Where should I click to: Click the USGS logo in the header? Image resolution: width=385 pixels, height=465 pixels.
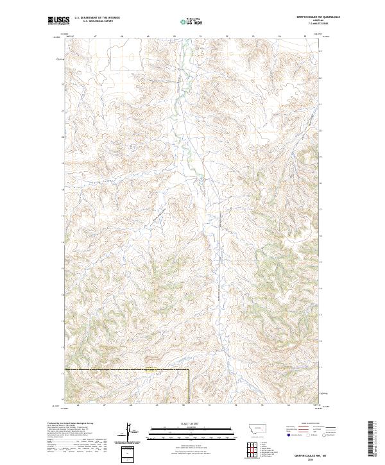[57, 21]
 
